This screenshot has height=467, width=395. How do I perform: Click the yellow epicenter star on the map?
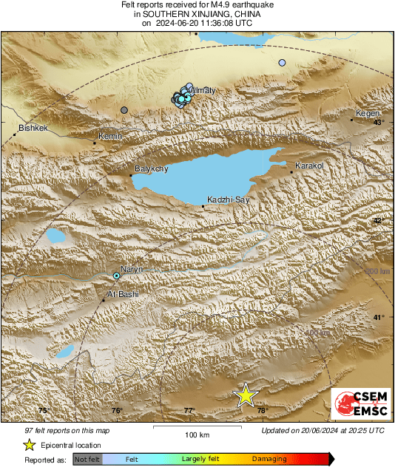tap(245, 395)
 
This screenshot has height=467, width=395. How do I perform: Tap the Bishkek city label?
tap(33, 129)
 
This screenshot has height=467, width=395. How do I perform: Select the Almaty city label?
tap(203, 90)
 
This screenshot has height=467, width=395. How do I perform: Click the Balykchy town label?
tap(151, 169)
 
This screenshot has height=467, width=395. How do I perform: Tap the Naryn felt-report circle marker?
tap(116, 276)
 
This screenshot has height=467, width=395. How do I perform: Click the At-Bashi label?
tap(123, 294)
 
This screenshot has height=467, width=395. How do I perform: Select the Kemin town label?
tap(110, 137)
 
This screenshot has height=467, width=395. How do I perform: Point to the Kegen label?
tap(368, 114)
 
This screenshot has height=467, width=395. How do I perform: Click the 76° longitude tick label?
tap(117, 411)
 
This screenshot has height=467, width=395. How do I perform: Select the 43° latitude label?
tap(378, 123)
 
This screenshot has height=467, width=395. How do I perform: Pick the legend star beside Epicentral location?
tap(29, 445)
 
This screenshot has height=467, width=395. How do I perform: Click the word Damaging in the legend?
tap(269, 459)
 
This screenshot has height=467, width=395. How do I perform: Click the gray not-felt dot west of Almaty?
tap(124, 110)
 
